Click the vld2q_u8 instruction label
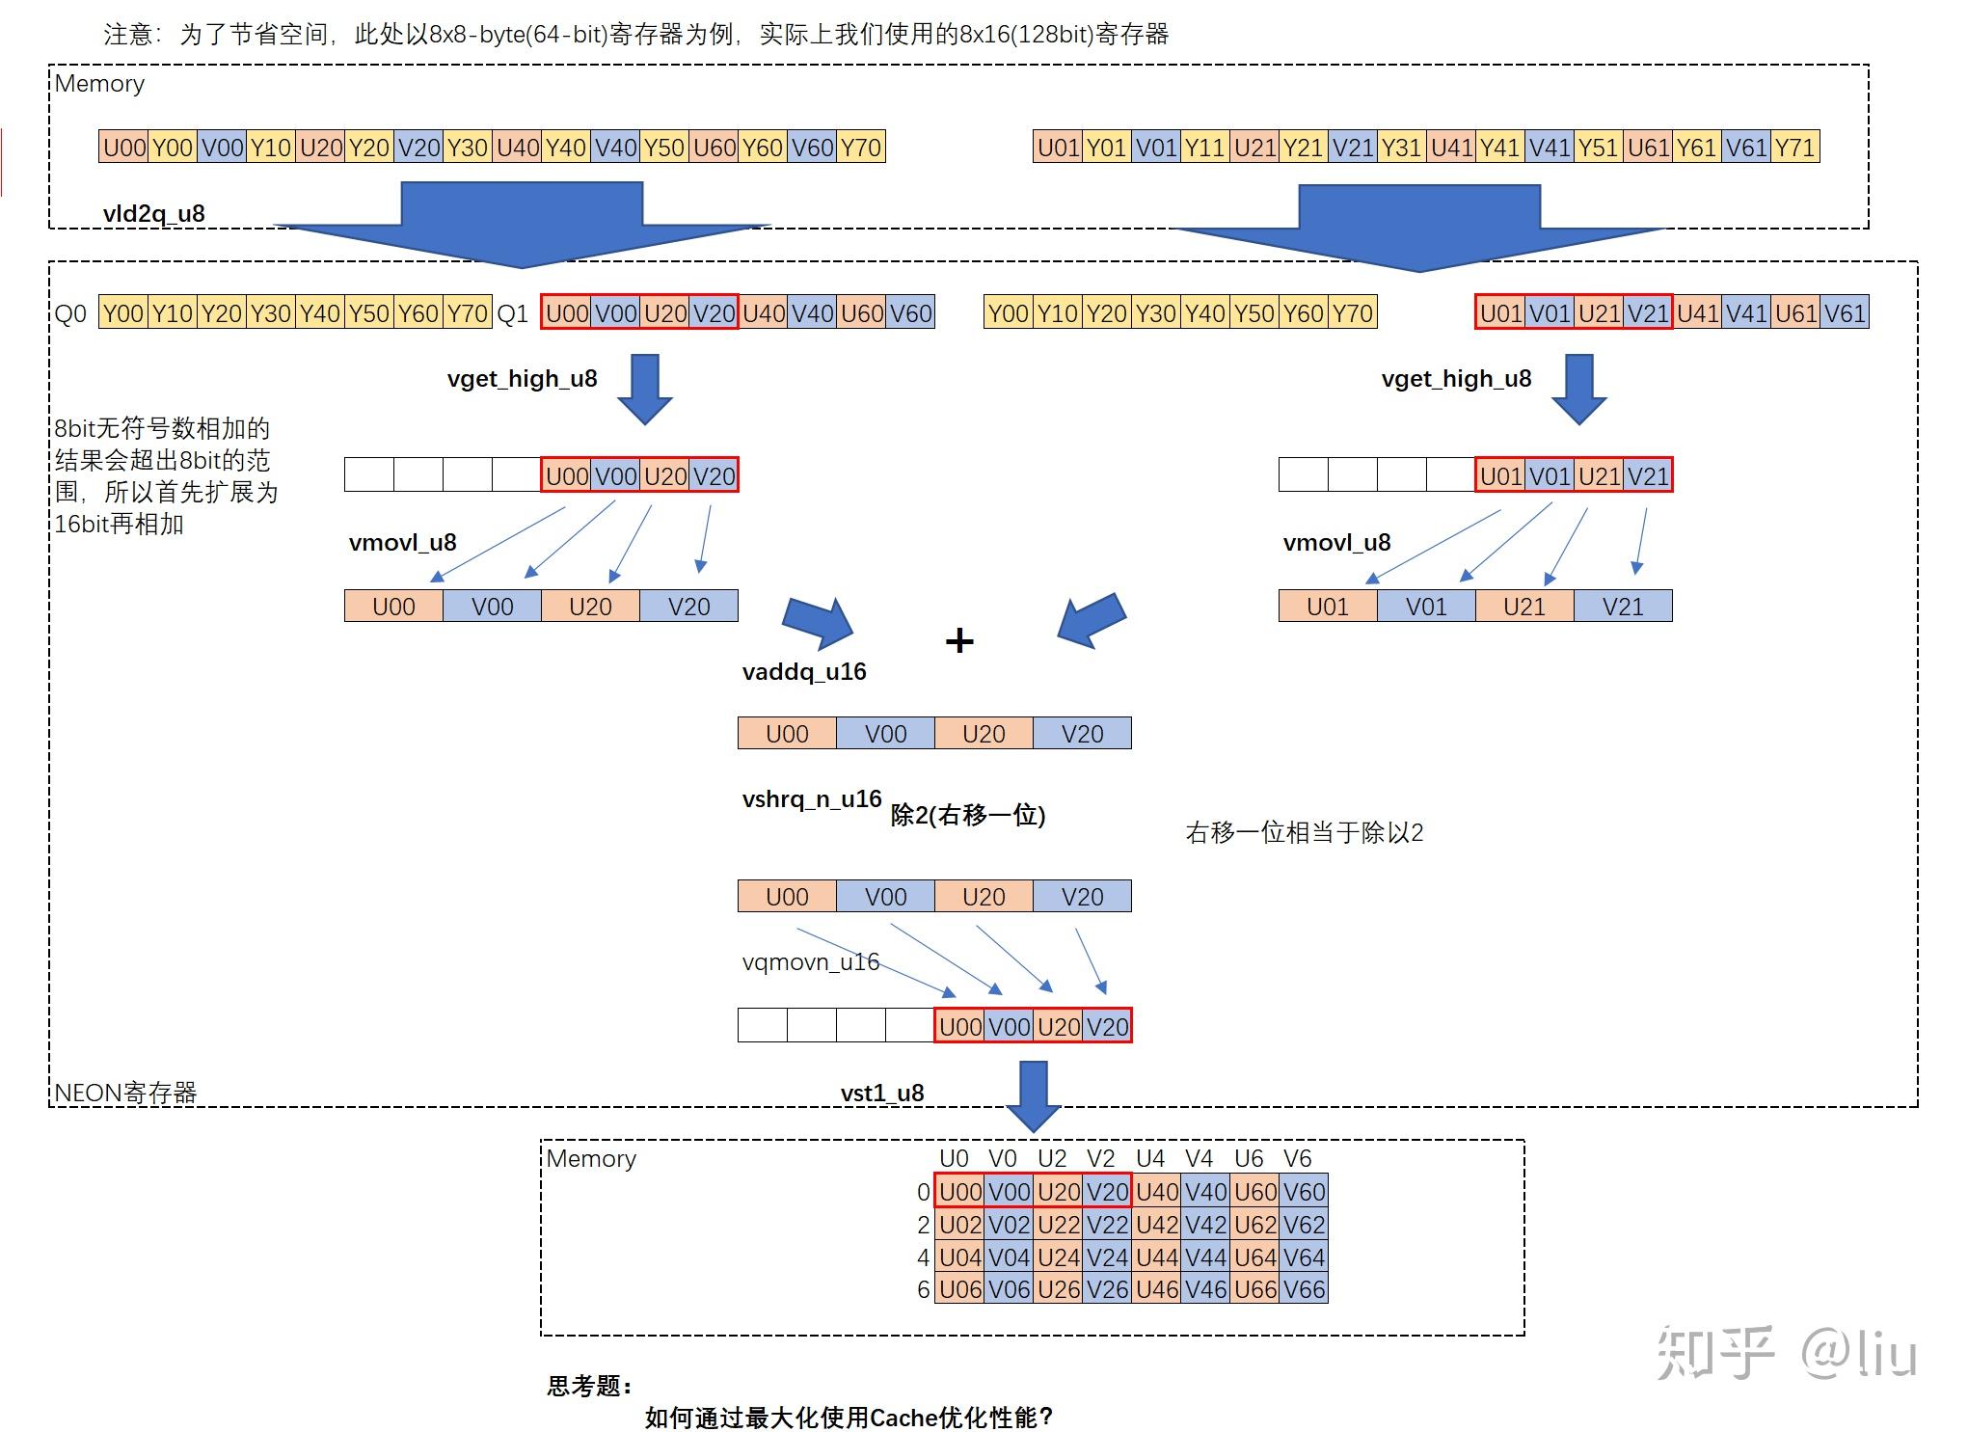click(x=153, y=213)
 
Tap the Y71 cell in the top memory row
click(x=1794, y=148)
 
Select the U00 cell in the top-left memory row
click(x=123, y=148)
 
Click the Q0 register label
click(x=70, y=313)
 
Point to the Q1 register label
click(x=512, y=313)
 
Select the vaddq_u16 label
click(x=804, y=671)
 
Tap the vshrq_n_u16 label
click(x=812, y=798)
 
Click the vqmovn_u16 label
click(x=810, y=961)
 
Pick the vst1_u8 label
click(x=881, y=1093)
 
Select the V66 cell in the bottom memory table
click(x=1304, y=1289)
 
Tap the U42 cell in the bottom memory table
click(x=1156, y=1225)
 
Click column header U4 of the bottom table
click(x=1150, y=1158)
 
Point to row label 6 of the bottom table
click(x=923, y=1289)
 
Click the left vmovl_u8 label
click(x=402, y=542)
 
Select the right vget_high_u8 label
click(x=1456, y=379)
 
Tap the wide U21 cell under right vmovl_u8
click(x=1523, y=607)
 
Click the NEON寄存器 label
click(x=125, y=1093)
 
